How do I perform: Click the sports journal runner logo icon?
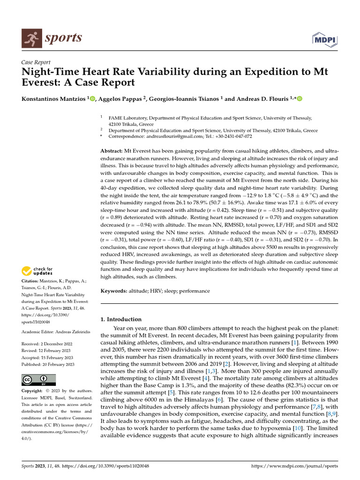[x=30, y=37]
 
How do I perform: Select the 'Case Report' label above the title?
[x=36, y=62]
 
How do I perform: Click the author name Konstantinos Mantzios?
[x=54, y=98]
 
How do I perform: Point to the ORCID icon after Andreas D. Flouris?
[x=299, y=98]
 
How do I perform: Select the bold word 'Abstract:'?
[x=112, y=152]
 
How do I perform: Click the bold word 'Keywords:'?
[x=114, y=291]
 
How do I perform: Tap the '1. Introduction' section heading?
[x=121, y=319]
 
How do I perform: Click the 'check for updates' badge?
[x=37, y=271]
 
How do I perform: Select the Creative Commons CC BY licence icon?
[x=38, y=380]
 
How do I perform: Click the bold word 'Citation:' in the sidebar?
[x=30, y=281]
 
